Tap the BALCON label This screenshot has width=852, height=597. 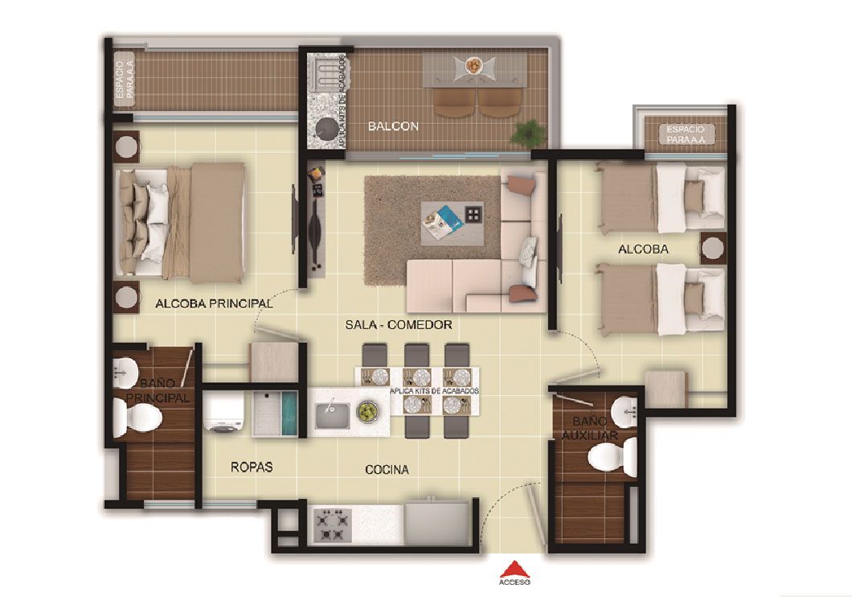click(x=393, y=126)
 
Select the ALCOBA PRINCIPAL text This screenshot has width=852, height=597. click(x=214, y=305)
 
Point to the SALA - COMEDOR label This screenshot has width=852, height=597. click(x=399, y=324)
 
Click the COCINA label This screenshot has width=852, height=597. click(x=386, y=469)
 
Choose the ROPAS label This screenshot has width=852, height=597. click(x=251, y=467)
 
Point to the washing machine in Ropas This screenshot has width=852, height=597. click(x=225, y=414)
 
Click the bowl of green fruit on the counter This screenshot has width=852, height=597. click(x=367, y=412)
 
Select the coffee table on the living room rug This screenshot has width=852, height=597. click(x=453, y=219)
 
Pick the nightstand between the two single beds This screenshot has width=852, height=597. click(x=712, y=249)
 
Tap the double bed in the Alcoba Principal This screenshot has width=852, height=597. click(x=182, y=222)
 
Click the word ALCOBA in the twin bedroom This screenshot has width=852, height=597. click(x=643, y=249)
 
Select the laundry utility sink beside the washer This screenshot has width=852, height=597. click(x=276, y=413)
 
